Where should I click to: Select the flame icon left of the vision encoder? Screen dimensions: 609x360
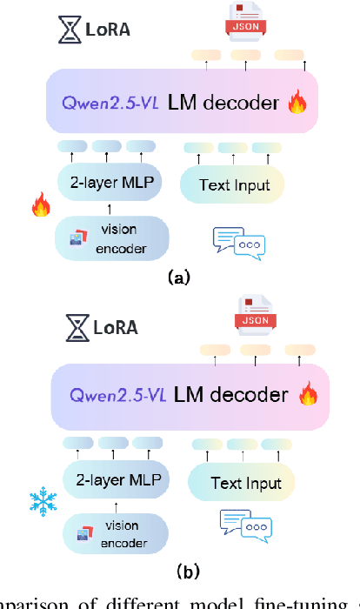[x=40, y=205]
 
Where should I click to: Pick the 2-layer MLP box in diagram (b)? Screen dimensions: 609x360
[x=117, y=479]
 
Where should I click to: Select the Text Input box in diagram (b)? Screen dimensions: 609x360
[x=241, y=483]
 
